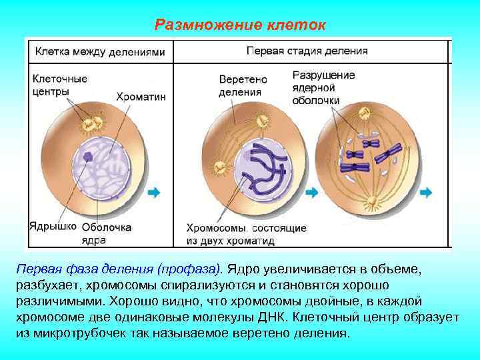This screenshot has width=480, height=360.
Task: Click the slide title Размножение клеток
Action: pos(240,25)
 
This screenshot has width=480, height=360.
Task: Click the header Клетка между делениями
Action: pos(99,51)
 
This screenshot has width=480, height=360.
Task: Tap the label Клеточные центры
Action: pos(60,85)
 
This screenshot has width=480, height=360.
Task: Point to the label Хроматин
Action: pos(141,97)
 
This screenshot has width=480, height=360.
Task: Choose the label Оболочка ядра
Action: pos(107,232)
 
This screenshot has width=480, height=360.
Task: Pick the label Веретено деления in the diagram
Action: pos(243,85)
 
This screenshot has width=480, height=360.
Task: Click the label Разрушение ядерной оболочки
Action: pos(323,87)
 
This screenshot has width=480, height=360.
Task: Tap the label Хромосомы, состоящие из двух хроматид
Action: pos(246,233)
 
